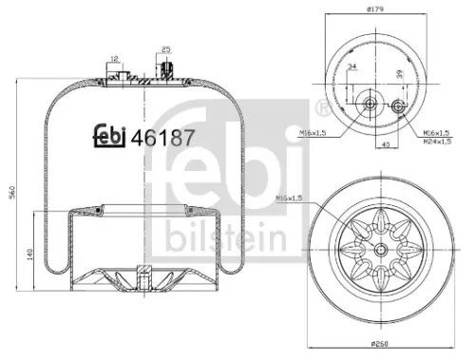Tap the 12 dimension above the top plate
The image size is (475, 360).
pyautogui.click(x=114, y=59)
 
